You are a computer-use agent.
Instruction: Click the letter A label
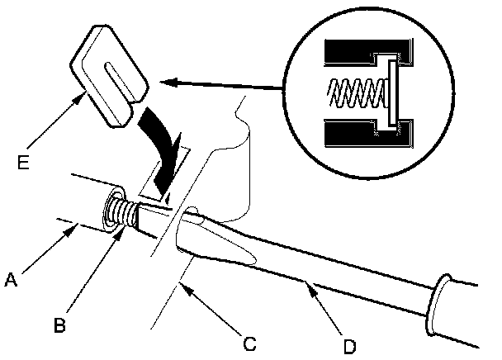12,279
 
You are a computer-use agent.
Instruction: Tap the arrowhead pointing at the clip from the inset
165,81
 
